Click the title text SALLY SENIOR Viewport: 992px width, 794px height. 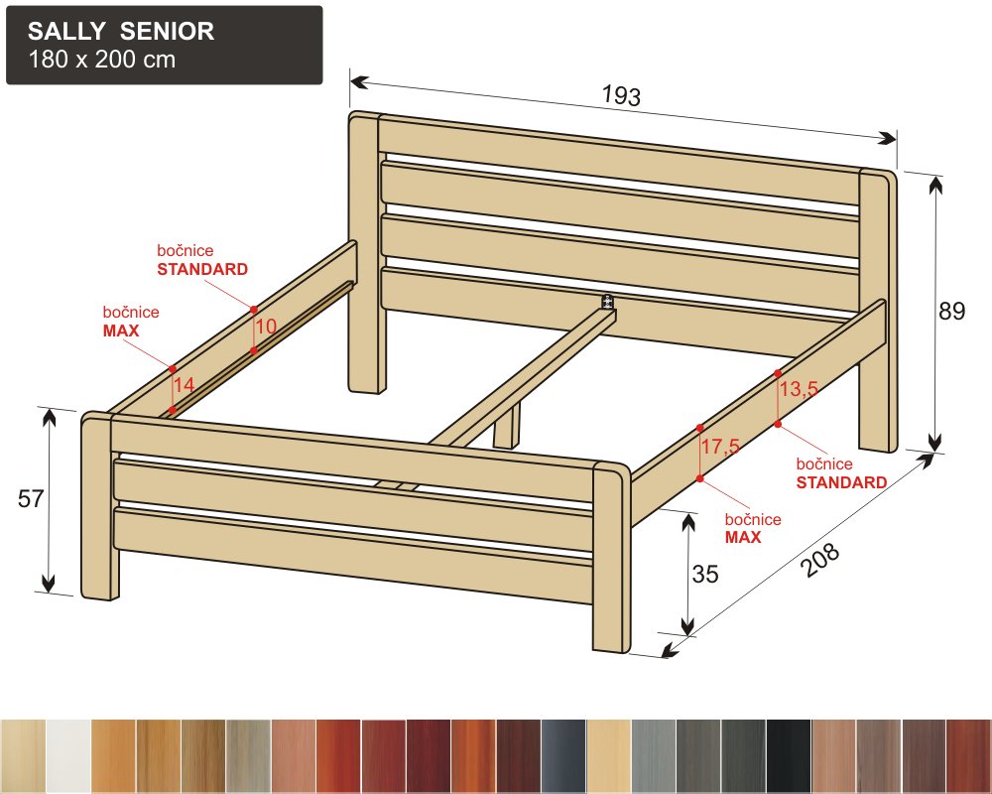tap(121, 31)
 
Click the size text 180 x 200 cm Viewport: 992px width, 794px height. tap(102, 59)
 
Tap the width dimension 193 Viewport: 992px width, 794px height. tap(621, 95)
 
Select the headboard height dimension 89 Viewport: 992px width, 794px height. tap(952, 311)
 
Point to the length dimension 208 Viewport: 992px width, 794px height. tap(821, 560)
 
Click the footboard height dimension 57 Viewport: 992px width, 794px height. tap(31, 499)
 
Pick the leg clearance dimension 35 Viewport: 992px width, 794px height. tap(704, 574)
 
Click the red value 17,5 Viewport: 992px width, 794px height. tap(720, 446)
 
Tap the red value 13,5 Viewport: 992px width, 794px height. tap(799, 388)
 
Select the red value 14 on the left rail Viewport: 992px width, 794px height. tap(185, 384)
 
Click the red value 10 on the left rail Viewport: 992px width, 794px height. tap(266, 327)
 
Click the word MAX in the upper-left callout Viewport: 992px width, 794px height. tap(121, 331)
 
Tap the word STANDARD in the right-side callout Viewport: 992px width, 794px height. tap(841, 482)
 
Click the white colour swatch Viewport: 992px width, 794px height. tap(68, 756)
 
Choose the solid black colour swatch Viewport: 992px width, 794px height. tap(789, 756)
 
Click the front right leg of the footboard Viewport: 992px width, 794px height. tap(611, 557)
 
